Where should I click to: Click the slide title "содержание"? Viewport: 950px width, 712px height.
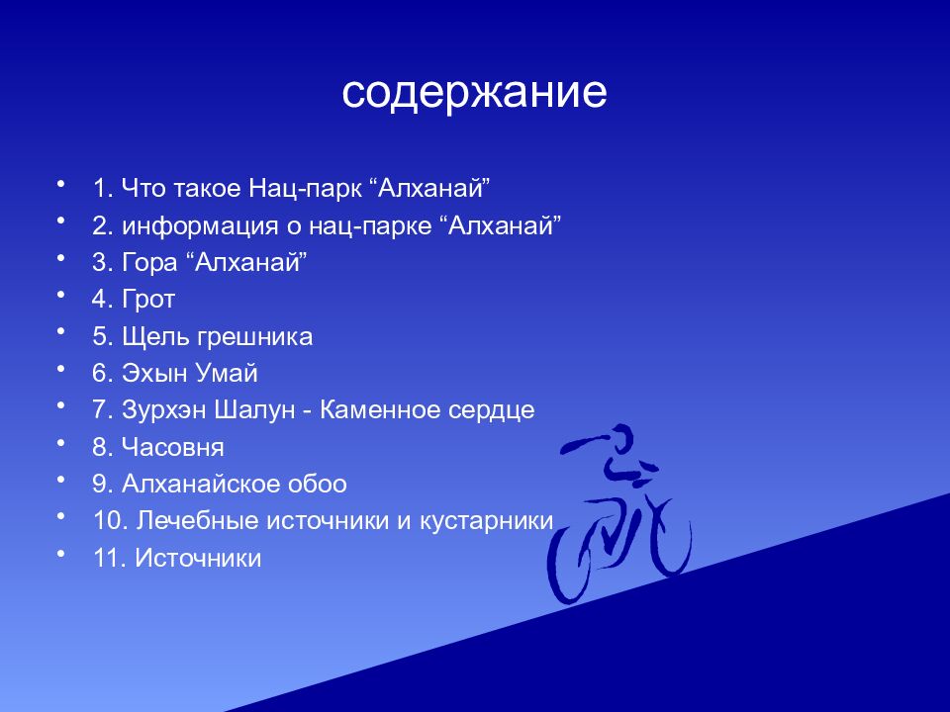[x=474, y=93]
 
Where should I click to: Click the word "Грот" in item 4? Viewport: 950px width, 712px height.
[x=148, y=300]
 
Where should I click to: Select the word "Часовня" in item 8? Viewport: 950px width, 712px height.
[x=173, y=448]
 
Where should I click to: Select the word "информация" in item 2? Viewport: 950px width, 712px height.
[x=185, y=225]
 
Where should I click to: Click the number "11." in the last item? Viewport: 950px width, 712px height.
[x=110, y=559]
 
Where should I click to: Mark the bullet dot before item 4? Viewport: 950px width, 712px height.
[x=61, y=295]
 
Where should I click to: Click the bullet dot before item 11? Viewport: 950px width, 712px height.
[x=61, y=554]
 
